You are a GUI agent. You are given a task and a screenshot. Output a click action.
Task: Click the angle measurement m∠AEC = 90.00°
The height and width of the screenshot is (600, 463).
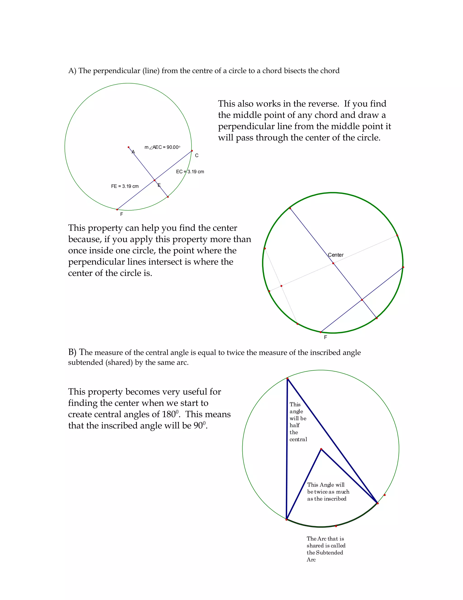(x=162, y=147)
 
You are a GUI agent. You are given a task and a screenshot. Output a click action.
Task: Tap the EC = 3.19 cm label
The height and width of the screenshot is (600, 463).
(x=190, y=172)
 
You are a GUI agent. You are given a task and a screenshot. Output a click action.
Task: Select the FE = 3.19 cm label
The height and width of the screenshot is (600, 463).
(x=125, y=186)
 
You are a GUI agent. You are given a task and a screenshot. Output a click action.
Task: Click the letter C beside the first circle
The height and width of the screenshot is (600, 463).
(x=197, y=156)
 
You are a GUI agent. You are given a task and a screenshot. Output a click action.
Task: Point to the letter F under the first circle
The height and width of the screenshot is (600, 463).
(x=121, y=214)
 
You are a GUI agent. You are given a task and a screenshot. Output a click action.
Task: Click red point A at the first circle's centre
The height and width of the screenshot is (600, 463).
(x=128, y=147)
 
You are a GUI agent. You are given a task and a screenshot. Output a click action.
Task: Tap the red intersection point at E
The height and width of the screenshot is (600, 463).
(x=155, y=180)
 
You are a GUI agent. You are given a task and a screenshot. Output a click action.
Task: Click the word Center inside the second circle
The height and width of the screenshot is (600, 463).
(x=336, y=255)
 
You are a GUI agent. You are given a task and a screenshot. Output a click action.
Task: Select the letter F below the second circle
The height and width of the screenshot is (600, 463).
(x=326, y=337)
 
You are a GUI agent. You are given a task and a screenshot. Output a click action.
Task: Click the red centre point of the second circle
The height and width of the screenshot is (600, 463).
(x=333, y=263)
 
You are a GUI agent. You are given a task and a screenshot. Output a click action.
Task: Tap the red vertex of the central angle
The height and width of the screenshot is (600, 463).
(x=321, y=449)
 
